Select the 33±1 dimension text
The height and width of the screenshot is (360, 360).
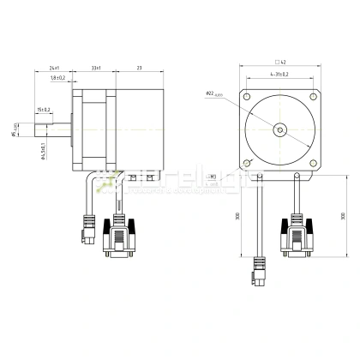(x=97, y=68)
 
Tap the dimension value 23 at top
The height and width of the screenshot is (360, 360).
(x=139, y=68)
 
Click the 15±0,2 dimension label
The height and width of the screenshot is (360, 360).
(x=44, y=109)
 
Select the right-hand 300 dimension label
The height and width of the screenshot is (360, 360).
(x=343, y=215)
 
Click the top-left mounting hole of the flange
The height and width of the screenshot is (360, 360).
(x=248, y=97)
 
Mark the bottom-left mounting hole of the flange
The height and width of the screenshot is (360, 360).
(x=248, y=161)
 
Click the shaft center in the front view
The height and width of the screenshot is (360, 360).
(x=279, y=129)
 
